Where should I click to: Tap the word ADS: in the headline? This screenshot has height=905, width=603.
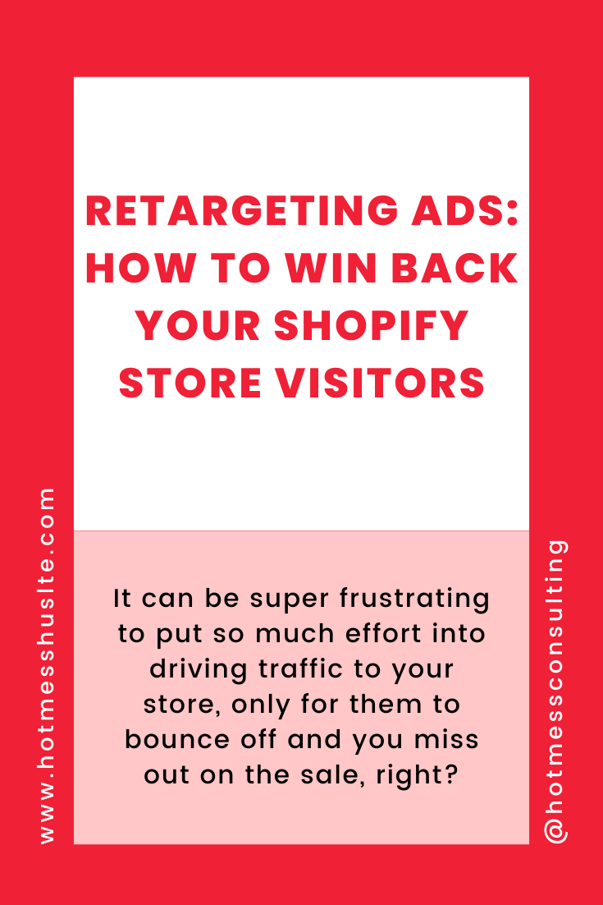tap(464, 211)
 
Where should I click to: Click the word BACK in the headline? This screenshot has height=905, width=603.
tap(455, 269)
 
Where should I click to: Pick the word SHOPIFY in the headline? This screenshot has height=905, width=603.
tap(371, 325)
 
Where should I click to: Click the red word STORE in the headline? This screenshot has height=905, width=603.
tap(190, 384)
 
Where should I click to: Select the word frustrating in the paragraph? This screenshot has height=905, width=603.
tap(414, 600)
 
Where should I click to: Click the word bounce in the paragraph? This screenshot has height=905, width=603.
tap(177, 739)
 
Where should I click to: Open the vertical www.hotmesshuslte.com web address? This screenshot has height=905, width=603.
tap(48, 665)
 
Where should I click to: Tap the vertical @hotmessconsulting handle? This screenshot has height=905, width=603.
tap(555, 691)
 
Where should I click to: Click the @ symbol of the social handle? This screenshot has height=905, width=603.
tap(556, 830)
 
